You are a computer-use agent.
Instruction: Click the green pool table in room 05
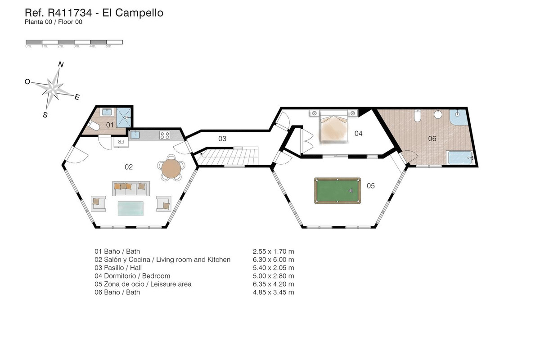(x=337, y=190)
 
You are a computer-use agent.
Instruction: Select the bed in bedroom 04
(x=333, y=128)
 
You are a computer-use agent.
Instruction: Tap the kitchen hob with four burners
(x=165, y=134)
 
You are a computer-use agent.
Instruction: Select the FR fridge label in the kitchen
(x=121, y=142)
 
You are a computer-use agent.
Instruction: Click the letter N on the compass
(x=61, y=65)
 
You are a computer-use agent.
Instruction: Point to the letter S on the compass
(x=45, y=115)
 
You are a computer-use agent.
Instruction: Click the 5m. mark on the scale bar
(x=108, y=46)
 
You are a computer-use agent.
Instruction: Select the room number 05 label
(x=371, y=185)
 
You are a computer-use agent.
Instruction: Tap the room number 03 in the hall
(x=222, y=139)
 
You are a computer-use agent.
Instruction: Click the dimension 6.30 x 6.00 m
(x=274, y=260)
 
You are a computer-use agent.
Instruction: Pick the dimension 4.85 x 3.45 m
(x=274, y=292)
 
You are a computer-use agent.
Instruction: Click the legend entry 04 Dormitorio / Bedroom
(x=132, y=276)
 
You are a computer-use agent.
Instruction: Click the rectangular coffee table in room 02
(x=131, y=208)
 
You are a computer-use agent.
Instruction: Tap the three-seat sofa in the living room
(x=130, y=189)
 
